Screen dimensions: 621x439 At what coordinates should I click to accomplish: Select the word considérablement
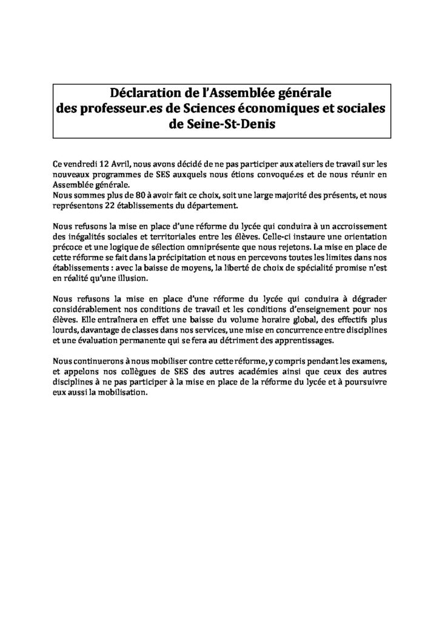[x=87, y=309]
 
